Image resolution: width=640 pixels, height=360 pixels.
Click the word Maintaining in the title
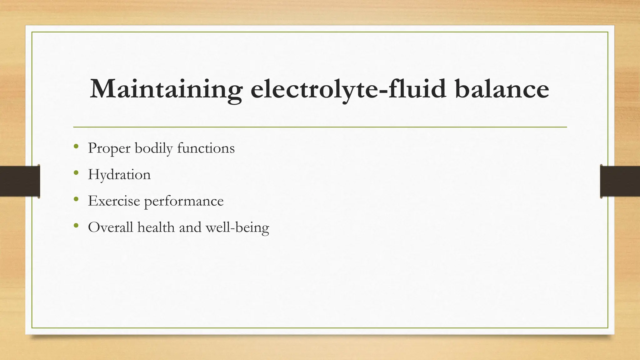166,89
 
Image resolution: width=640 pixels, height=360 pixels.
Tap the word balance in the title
502,89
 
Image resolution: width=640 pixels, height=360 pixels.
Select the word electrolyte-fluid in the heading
348,89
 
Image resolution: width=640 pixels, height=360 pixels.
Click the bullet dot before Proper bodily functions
76,146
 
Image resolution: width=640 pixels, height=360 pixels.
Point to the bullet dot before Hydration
76,173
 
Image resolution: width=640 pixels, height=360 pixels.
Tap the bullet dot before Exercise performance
76,199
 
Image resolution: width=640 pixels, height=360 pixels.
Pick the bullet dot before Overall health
76,225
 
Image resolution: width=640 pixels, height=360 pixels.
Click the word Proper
109,148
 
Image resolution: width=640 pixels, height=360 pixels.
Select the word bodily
153,148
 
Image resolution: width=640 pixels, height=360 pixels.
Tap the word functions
206,148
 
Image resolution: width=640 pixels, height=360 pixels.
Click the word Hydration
119,175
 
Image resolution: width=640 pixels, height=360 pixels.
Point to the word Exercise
114,201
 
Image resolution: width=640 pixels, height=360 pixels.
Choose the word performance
184,201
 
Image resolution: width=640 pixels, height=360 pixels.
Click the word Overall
111,227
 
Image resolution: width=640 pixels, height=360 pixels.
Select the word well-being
237,227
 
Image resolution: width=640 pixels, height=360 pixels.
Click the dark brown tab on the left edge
20,181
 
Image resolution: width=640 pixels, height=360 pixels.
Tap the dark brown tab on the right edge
620,181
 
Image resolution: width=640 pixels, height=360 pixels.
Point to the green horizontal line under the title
320,127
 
